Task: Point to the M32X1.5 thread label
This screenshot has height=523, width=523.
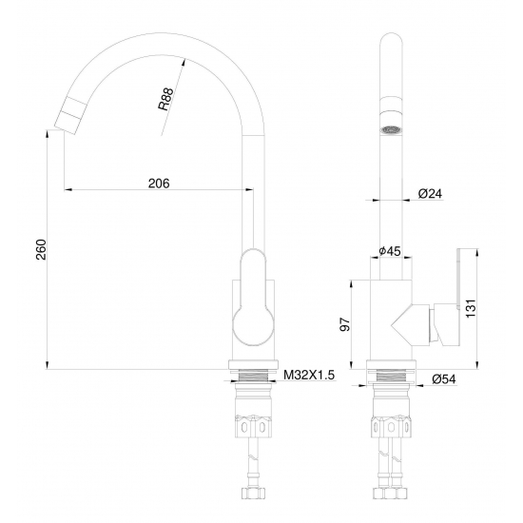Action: click(311, 377)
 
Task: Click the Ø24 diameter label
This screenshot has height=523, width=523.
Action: click(432, 193)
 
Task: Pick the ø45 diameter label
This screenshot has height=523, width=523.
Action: click(388, 251)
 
